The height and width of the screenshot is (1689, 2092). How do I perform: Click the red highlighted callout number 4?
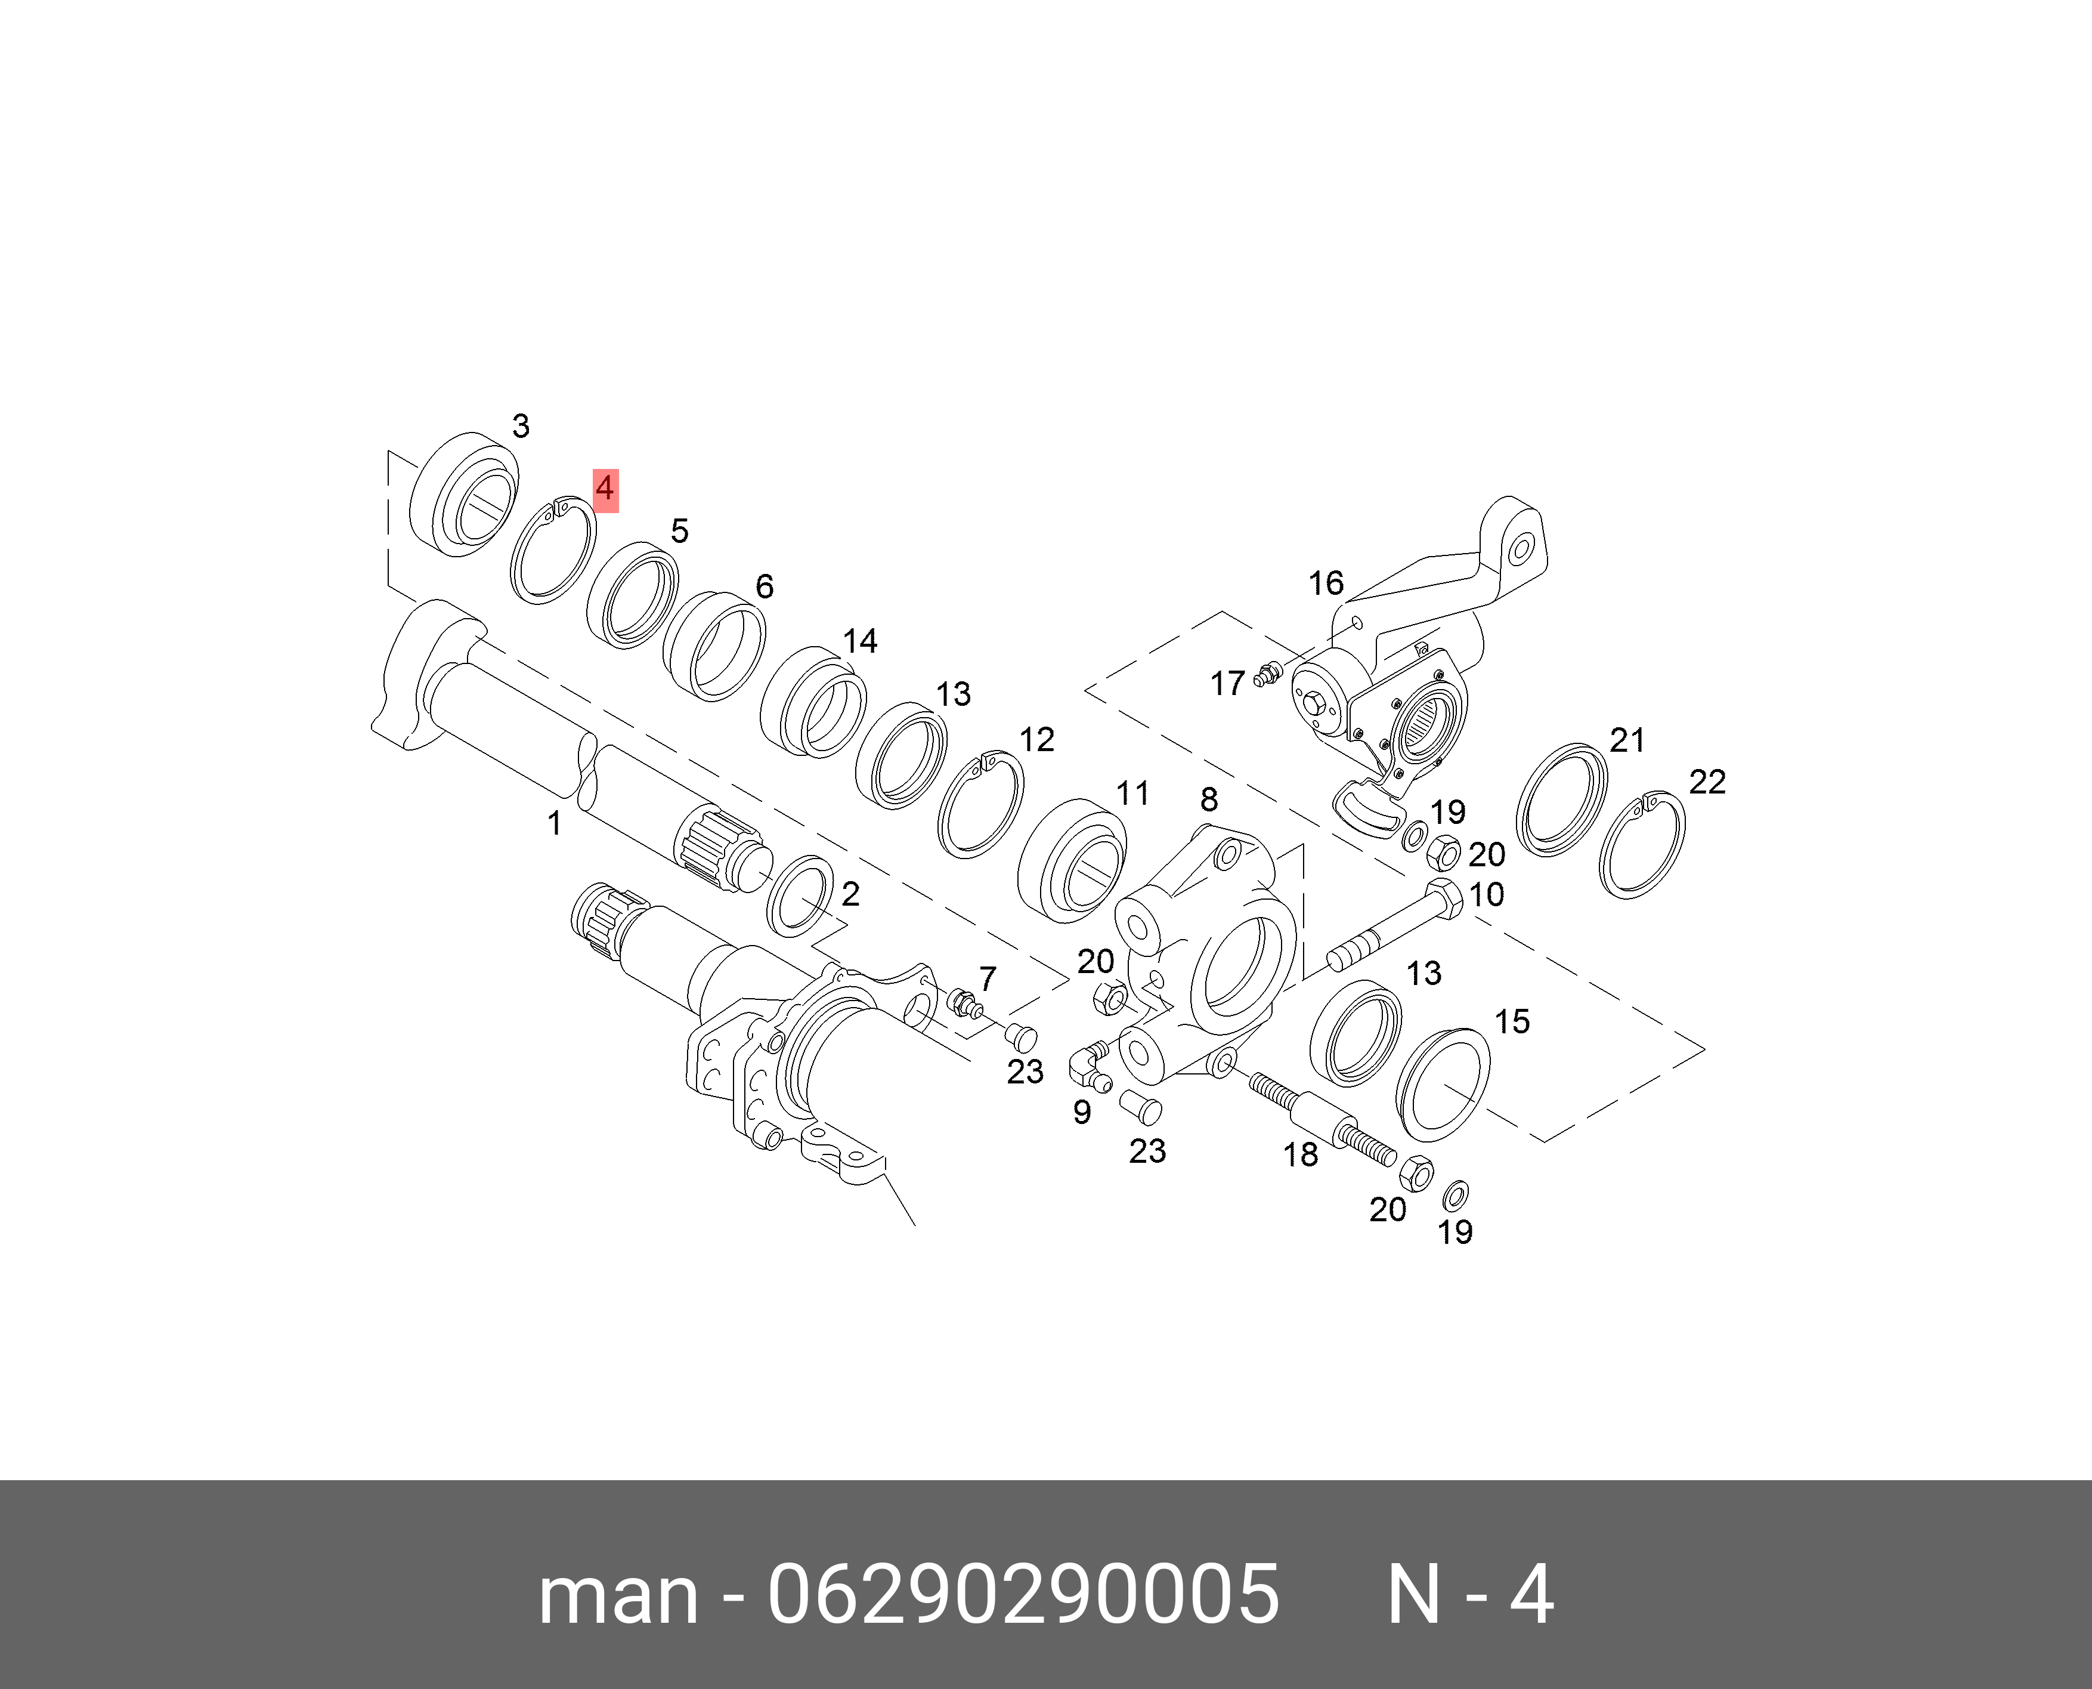[605, 489]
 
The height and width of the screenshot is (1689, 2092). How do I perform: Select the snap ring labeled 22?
[1644, 845]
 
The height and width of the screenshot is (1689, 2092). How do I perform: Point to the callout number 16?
[1326, 583]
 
